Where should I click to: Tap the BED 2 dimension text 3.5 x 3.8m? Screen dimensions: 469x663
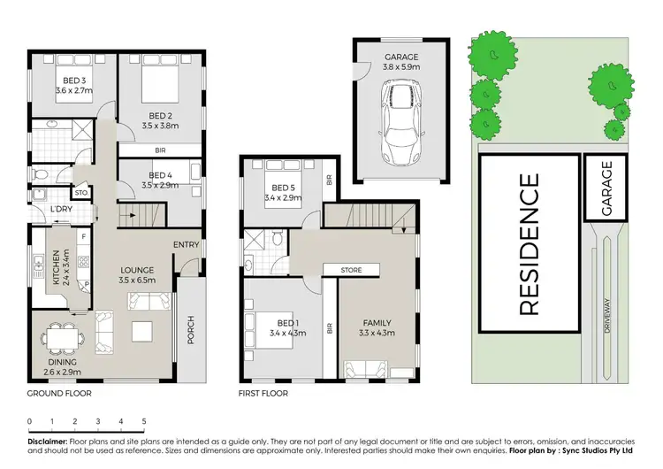(x=160, y=127)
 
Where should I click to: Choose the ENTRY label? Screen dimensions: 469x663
(x=187, y=245)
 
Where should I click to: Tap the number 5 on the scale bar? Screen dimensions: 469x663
(x=143, y=422)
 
